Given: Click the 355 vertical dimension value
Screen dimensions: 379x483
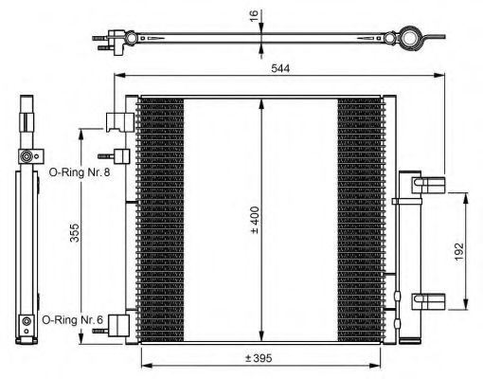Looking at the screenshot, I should tap(75, 233).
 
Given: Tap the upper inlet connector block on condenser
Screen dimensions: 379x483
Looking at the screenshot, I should tap(118, 121).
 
